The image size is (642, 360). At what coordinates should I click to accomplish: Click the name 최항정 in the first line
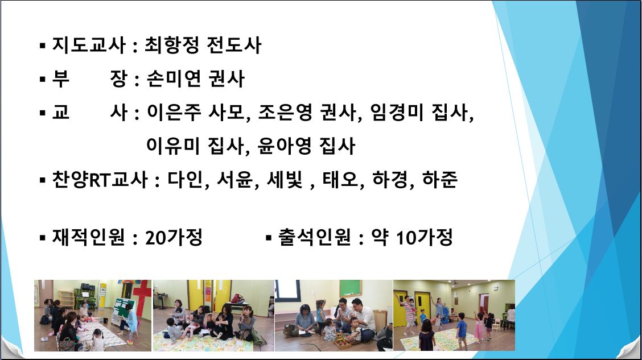coord(172,45)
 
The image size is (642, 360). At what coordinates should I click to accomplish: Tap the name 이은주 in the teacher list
coord(174,113)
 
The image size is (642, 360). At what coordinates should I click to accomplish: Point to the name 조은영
coord(285,113)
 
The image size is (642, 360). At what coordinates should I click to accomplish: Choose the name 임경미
coord(397,113)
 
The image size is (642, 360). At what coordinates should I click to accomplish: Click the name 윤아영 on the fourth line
coord(285,146)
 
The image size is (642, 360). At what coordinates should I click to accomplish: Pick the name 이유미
coord(173,146)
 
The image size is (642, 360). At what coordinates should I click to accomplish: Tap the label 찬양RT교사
coord(100,180)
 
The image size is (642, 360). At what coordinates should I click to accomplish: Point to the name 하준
coord(440,180)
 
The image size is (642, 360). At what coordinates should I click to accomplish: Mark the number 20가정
coord(174,237)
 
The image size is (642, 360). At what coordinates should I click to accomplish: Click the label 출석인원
coord(314,237)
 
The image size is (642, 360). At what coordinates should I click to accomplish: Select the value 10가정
coord(424,237)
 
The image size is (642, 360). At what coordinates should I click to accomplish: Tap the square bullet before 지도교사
coord(43,45)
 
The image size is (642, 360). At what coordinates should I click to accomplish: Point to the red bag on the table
coord(237,299)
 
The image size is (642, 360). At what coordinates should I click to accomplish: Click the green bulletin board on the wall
coord(349,289)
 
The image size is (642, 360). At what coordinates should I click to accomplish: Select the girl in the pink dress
coord(478,327)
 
